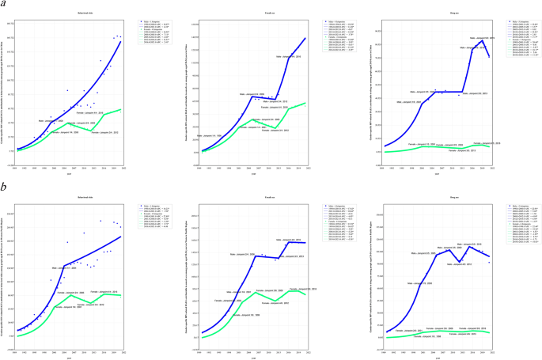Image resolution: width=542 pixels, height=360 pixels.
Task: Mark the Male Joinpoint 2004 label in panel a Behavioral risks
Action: tap(50, 121)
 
